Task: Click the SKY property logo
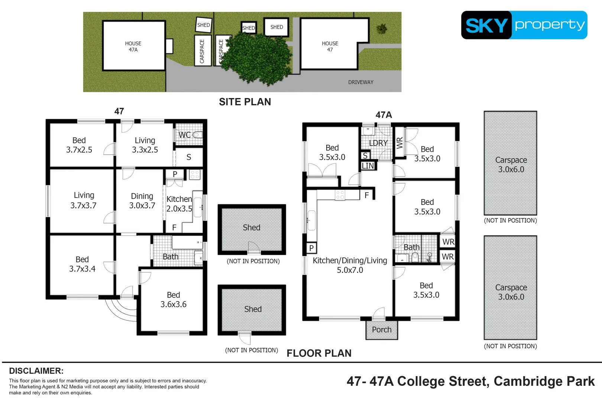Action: (x=524, y=25)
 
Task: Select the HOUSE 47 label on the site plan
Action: (x=330, y=46)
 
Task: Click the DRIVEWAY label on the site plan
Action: (x=360, y=82)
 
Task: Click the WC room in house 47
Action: (x=189, y=135)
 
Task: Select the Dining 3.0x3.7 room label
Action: (x=142, y=201)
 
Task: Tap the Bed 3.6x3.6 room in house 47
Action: (x=173, y=300)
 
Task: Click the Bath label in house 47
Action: (x=171, y=257)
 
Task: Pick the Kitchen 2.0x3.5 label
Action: (x=179, y=204)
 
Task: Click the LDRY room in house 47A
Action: (x=378, y=143)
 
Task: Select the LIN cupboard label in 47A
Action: (x=368, y=166)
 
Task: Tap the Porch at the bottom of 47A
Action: (x=382, y=330)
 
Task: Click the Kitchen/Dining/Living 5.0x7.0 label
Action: (x=350, y=265)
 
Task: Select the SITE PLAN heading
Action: (x=245, y=102)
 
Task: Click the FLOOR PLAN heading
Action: (x=319, y=353)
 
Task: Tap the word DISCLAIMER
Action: (x=36, y=371)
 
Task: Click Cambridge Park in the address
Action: (x=544, y=381)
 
